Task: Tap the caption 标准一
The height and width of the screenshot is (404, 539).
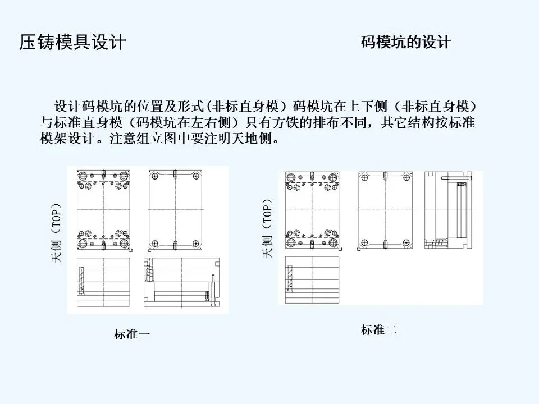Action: [132, 335]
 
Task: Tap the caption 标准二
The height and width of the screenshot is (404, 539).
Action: [379, 330]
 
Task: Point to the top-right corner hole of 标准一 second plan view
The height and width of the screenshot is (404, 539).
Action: [195, 176]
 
